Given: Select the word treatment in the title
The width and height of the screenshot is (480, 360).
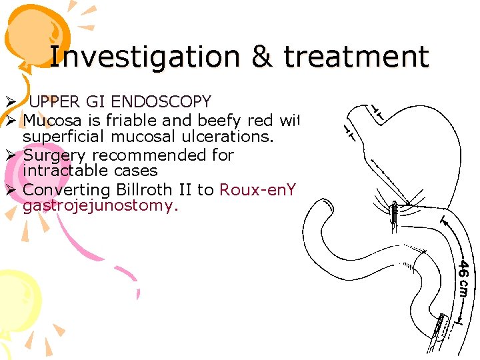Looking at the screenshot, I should point(355,57).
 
